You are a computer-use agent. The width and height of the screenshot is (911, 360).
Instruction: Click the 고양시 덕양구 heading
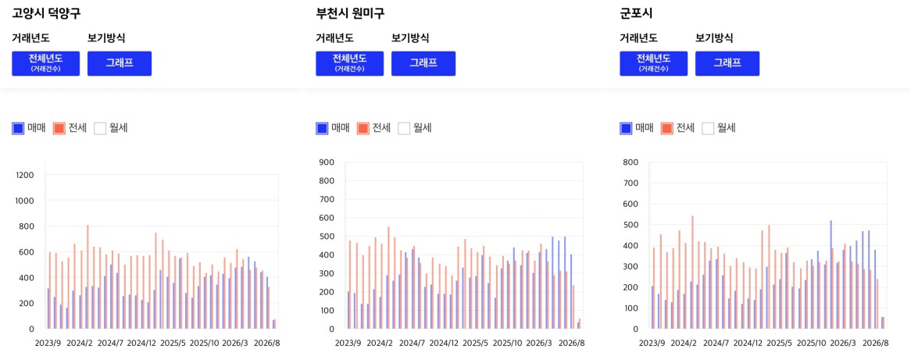pyautogui.click(x=46, y=12)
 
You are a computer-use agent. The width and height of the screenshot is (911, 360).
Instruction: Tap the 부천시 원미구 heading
pyautogui.click(x=350, y=12)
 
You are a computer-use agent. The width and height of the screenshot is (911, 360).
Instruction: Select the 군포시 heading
pyautogui.click(x=636, y=12)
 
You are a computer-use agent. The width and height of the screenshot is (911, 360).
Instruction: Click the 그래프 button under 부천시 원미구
pyautogui.click(x=423, y=63)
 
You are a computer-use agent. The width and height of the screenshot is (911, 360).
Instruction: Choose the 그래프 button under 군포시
pyautogui.click(x=727, y=63)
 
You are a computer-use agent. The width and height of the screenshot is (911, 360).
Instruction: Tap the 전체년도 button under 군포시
pyautogui.click(x=654, y=63)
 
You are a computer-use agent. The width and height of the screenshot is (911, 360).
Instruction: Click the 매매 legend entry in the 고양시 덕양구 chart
pyautogui.click(x=29, y=128)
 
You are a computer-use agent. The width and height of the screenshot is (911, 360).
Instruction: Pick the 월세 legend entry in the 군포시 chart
pyautogui.click(x=719, y=128)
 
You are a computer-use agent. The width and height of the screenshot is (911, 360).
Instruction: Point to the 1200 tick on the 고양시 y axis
pyautogui.click(x=25, y=175)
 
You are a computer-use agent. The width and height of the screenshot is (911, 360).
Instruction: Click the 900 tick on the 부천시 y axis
pyautogui.click(x=327, y=162)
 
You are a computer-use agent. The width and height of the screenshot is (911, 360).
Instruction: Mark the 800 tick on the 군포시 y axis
pyautogui.click(x=631, y=162)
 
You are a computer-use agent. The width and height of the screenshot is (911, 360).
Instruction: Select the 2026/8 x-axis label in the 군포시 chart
pyautogui.click(x=876, y=343)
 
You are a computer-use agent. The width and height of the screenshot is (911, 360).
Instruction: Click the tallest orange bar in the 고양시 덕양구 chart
pyautogui.click(x=88, y=277)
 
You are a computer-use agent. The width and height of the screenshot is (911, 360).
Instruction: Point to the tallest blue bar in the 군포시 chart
pyautogui.click(x=831, y=275)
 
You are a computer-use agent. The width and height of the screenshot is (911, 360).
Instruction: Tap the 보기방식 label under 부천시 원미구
pyautogui.click(x=410, y=38)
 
